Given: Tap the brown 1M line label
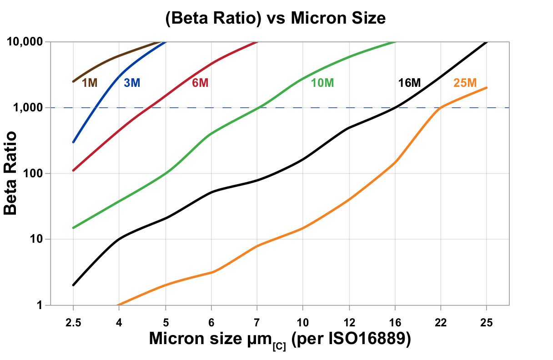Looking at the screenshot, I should pos(90,83).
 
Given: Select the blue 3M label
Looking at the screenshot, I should pos(132,83).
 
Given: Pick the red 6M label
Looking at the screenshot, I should pos(200,83).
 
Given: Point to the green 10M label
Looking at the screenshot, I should pos(322,83).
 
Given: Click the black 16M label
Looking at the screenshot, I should pos(409,83).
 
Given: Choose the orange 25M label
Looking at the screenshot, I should pos(465,83).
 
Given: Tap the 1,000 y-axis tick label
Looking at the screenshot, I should pos(28,108).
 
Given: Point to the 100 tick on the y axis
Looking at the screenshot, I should pos(33,174).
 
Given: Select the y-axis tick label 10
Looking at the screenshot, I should pos(36,240).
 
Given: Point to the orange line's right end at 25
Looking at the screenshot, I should pos(487,88).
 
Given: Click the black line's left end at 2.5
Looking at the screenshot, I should pos(73,285).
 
